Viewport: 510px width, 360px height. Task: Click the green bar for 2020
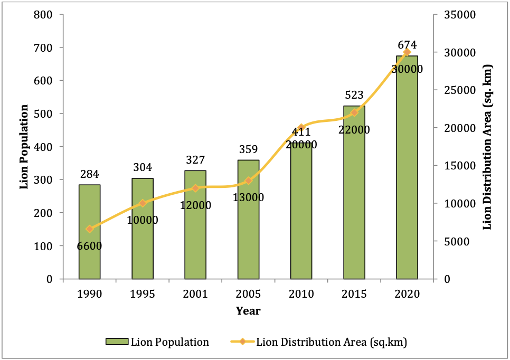[407, 169]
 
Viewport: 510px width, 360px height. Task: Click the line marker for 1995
[143, 203]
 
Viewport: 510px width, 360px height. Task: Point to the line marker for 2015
[354, 112]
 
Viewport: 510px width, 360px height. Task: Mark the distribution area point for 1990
[90, 229]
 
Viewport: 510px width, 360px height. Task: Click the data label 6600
[90, 246]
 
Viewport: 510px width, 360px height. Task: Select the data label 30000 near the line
[407, 69]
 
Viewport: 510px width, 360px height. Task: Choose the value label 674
[407, 45]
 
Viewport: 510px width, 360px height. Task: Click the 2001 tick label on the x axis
[195, 295]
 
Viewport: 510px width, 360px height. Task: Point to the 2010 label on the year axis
[301, 295]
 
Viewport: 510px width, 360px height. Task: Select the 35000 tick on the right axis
[460, 14]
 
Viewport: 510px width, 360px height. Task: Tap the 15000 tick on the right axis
[460, 166]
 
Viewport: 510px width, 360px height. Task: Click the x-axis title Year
[248, 311]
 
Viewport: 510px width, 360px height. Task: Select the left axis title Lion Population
[24, 147]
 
